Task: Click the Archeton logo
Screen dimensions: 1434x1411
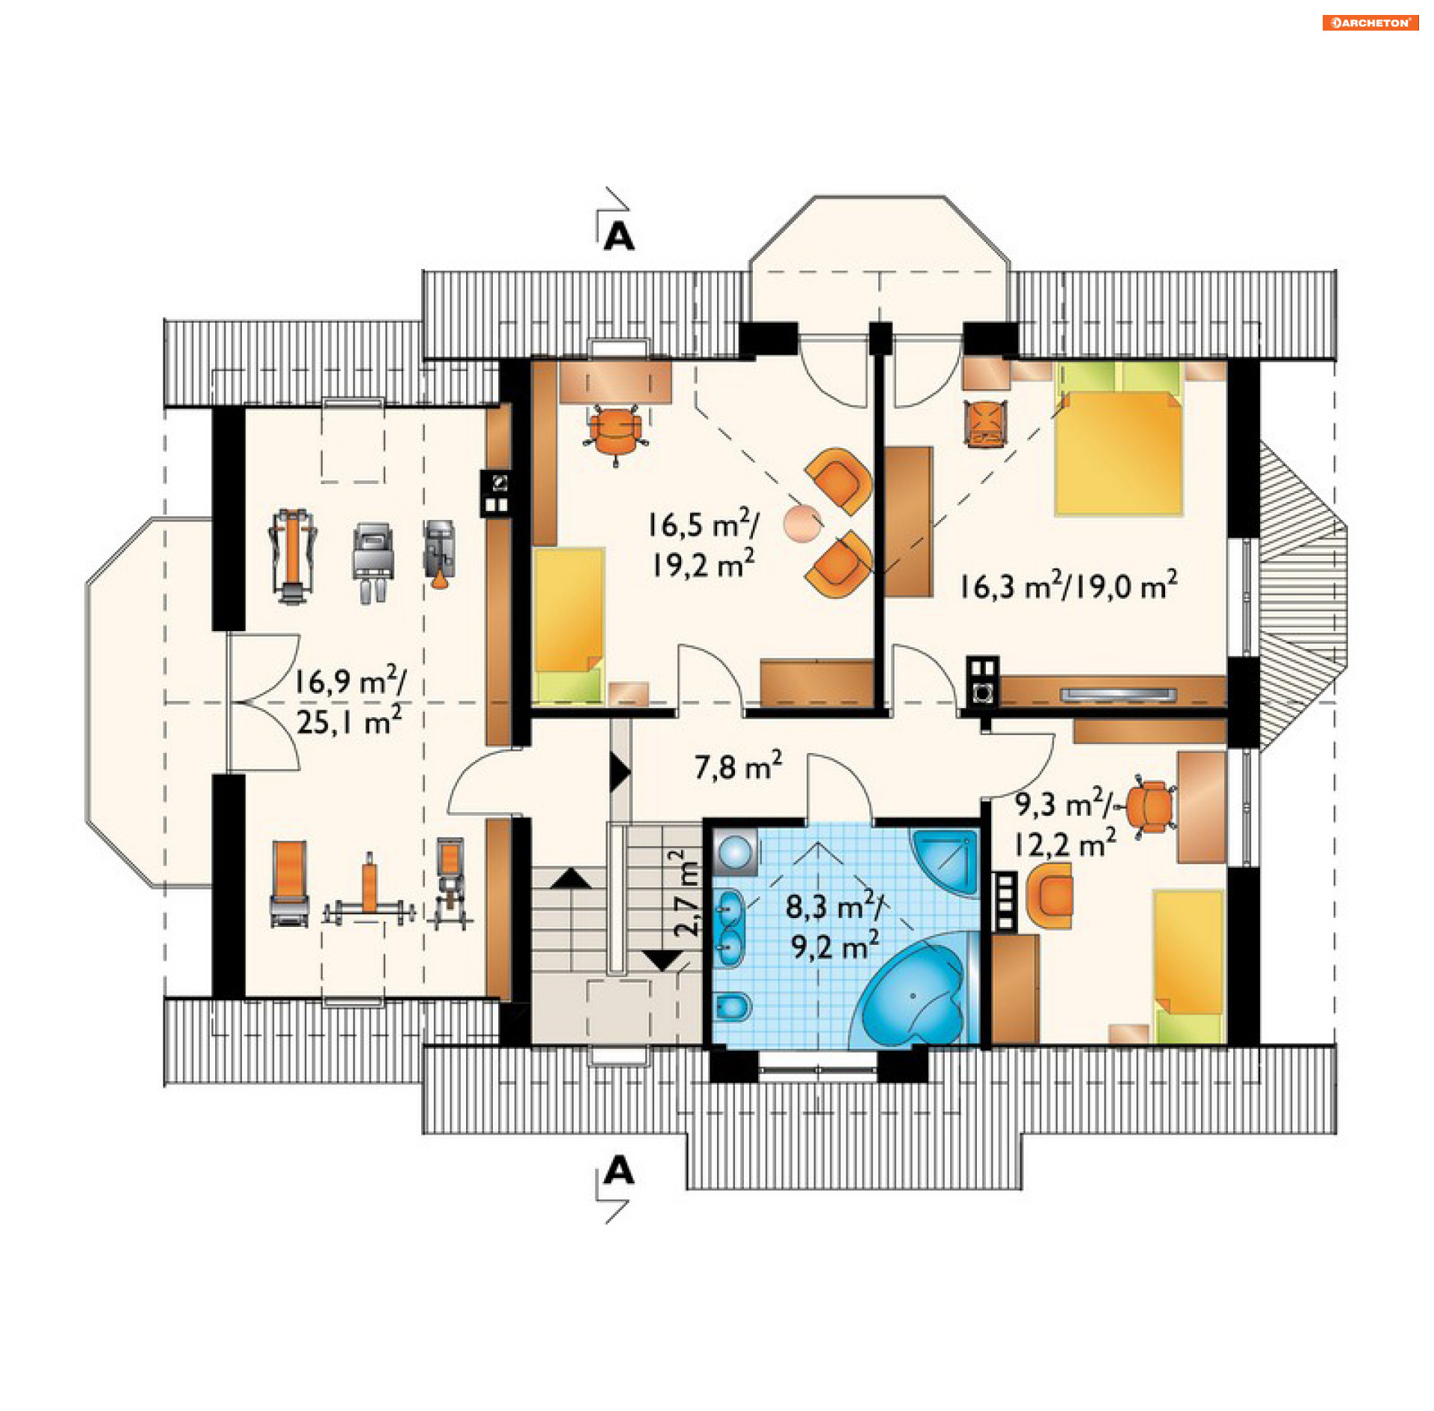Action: (1370, 22)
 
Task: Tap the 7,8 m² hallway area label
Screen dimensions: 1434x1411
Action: (738, 766)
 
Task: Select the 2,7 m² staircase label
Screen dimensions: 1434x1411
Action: (686, 893)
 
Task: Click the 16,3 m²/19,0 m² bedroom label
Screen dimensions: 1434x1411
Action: (1068, 585)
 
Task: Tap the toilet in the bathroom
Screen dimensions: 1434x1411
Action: (732, 1008)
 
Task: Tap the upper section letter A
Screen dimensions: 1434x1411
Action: (619, 237)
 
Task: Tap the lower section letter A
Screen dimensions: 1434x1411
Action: (619, 1171)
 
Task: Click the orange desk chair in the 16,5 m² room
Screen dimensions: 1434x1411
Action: (615, 431)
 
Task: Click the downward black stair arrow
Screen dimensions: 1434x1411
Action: (663, 961)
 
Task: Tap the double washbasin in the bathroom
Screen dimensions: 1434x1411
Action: (729, 928)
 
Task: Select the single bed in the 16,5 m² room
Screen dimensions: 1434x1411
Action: (569, 625)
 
